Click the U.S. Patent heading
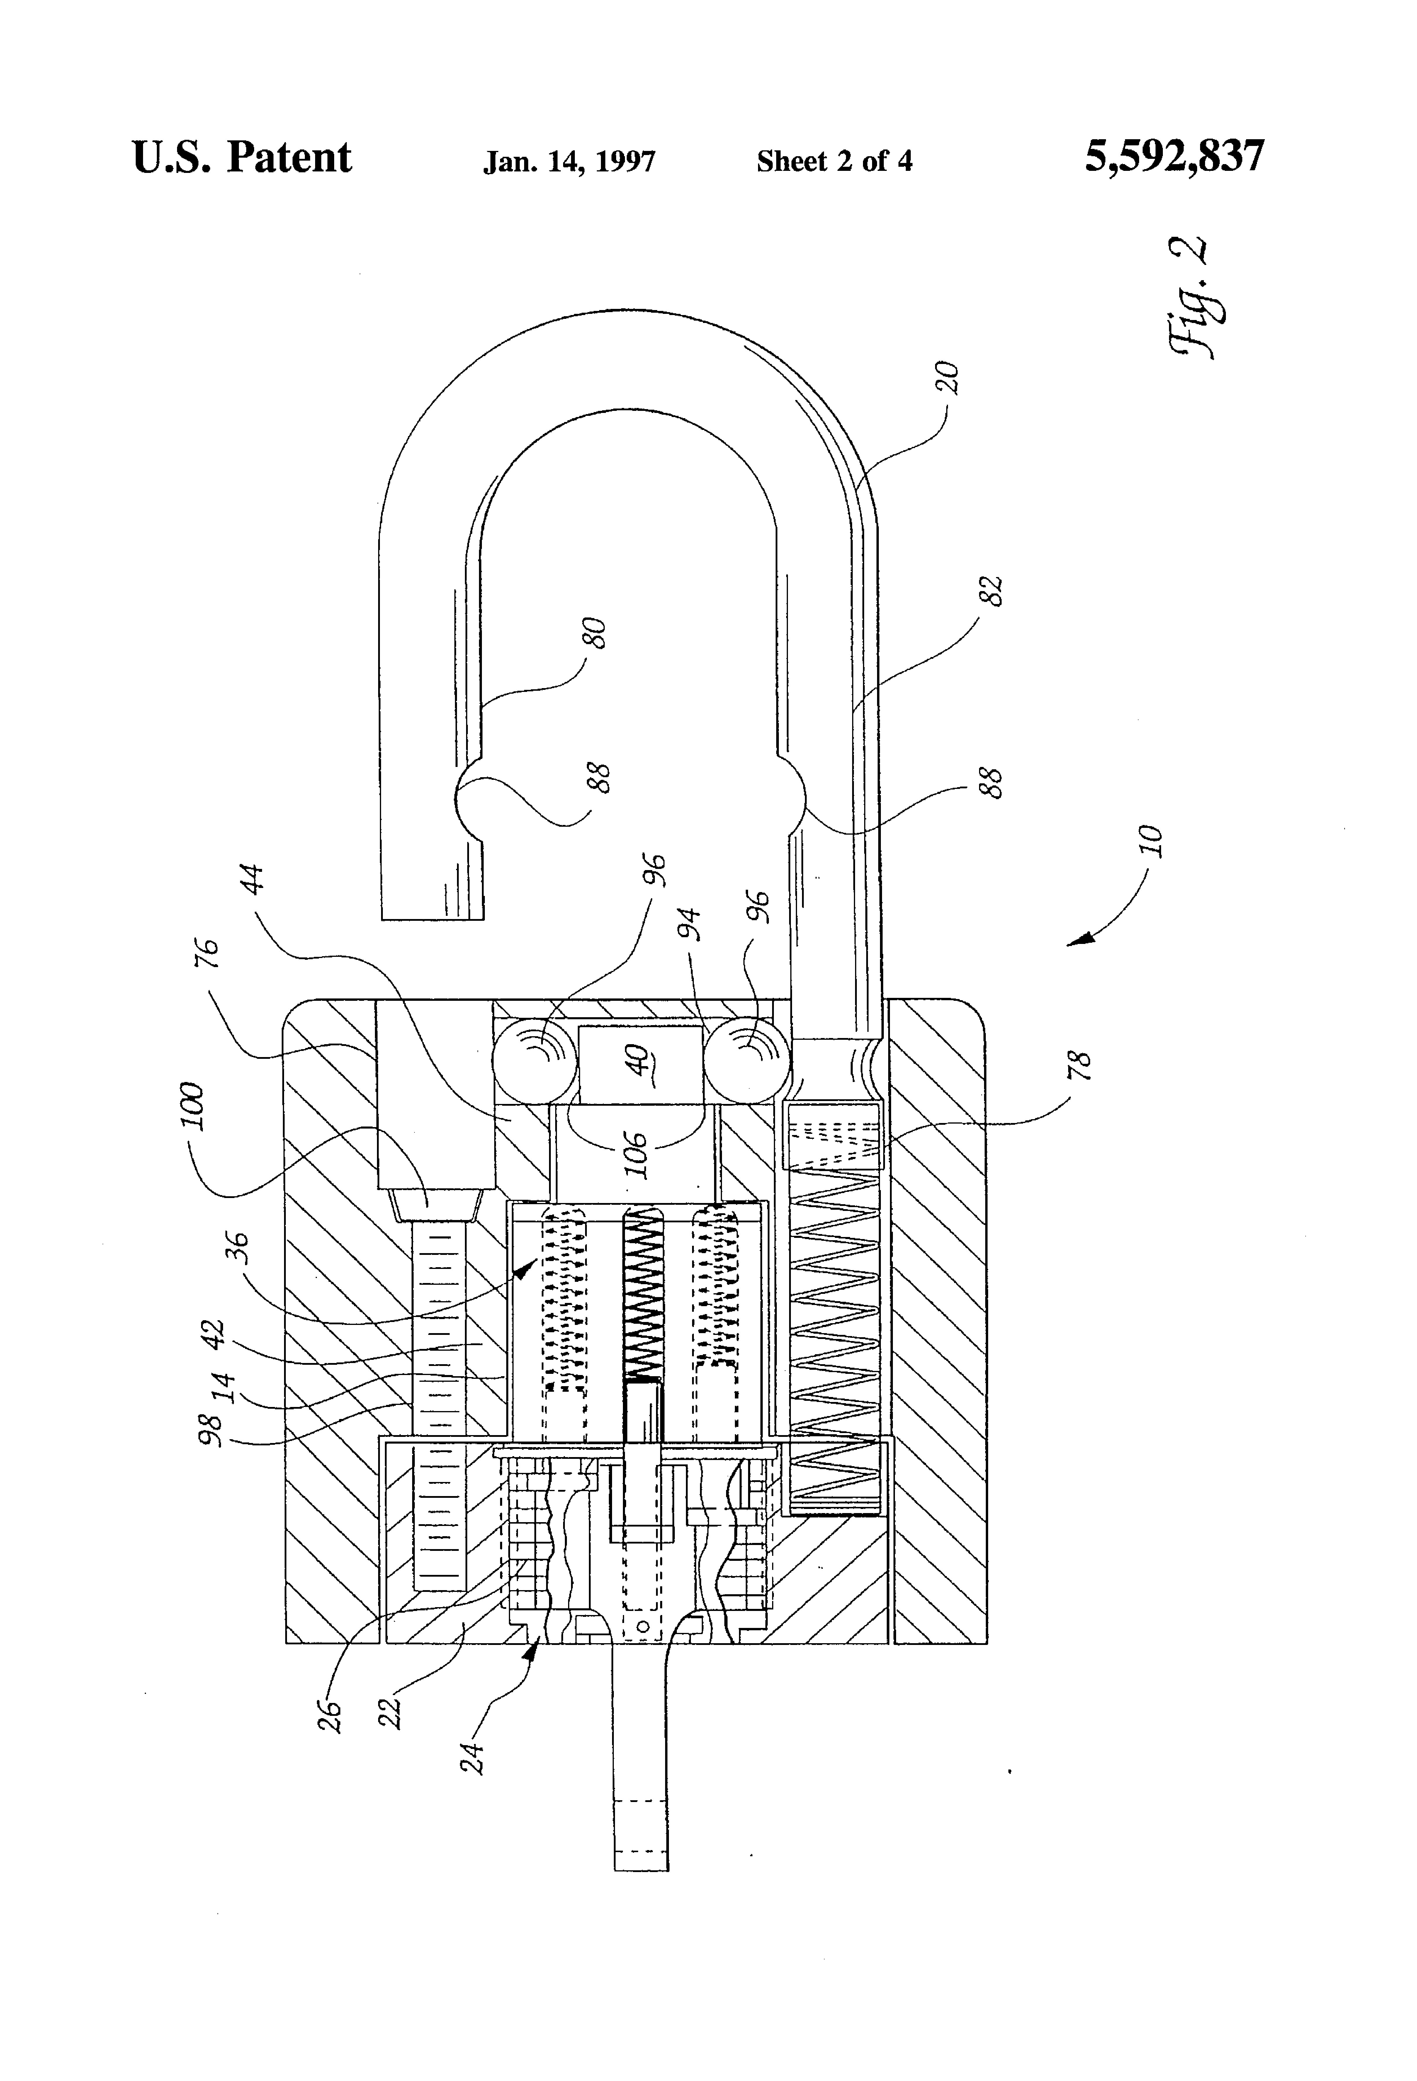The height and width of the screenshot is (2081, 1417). click(242, 158)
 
